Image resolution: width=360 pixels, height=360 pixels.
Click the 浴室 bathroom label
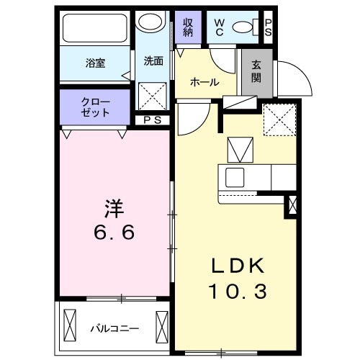click(x=95, y=63)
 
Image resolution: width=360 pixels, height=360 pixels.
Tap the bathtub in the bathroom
click(x=96, y=29)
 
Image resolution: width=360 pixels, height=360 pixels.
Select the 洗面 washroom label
click(x=153, y=61)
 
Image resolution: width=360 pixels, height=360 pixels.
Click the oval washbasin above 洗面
click(x=152, y=24)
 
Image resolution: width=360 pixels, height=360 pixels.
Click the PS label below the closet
click(x=152, y=120)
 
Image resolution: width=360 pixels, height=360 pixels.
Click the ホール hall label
click(x=204, y=82)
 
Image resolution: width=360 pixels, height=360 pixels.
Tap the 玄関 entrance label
click(x=257, y=70)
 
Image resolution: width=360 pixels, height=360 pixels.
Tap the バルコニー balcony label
click(x=114, y=329)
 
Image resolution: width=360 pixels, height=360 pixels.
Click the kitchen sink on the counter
click(x=235, y=176)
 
